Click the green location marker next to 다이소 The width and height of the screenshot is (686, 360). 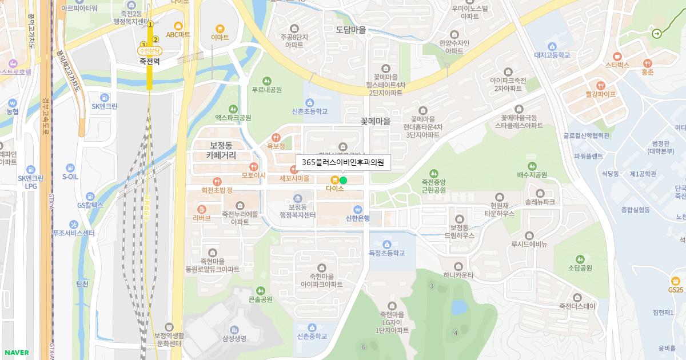pos(343,180)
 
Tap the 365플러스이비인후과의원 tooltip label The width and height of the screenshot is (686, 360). pos(343,162)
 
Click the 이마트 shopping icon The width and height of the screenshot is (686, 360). pos(220,29)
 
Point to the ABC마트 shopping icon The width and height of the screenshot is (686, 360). pos(178,26)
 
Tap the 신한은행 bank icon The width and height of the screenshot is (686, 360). pos(358,209)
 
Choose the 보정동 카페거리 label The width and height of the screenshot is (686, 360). pos(221,150)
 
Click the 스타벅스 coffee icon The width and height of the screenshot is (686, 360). pos(617,57)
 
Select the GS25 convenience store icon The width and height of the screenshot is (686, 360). pos(676,281)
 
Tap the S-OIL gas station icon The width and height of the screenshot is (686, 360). pos(70,168)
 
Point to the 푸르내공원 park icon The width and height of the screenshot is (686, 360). pos(266,81)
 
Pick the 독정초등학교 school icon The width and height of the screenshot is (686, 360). pos(386,244)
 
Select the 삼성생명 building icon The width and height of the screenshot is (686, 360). pos(234,330)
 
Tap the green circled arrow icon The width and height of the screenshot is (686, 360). pos(656,33)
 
